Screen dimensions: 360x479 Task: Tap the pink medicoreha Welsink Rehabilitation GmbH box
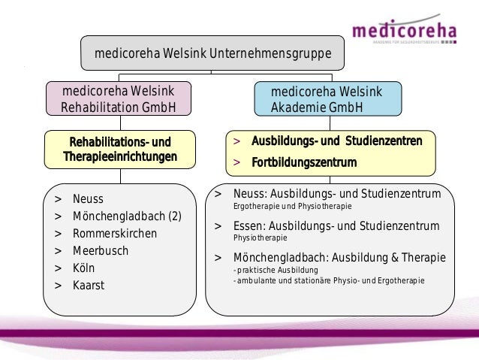(119, 99)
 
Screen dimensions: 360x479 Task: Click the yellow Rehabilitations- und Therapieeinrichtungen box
(120, 150)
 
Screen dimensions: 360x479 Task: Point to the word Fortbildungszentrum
(303, 162)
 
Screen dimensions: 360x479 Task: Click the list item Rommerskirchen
(115, 233)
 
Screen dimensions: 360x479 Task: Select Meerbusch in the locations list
(101, 250)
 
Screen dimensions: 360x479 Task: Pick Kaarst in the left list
(89, 285)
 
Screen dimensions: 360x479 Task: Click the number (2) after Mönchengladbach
(174, 216)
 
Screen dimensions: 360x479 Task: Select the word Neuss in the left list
(88, 199)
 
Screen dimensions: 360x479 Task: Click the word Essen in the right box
(249, 225)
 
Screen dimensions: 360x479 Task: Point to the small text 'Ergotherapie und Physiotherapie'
(293, 205)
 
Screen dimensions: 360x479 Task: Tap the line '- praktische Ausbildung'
(276, 270)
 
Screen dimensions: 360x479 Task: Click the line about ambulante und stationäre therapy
(329, 280)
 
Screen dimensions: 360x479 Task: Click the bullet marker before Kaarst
(58, 285)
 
